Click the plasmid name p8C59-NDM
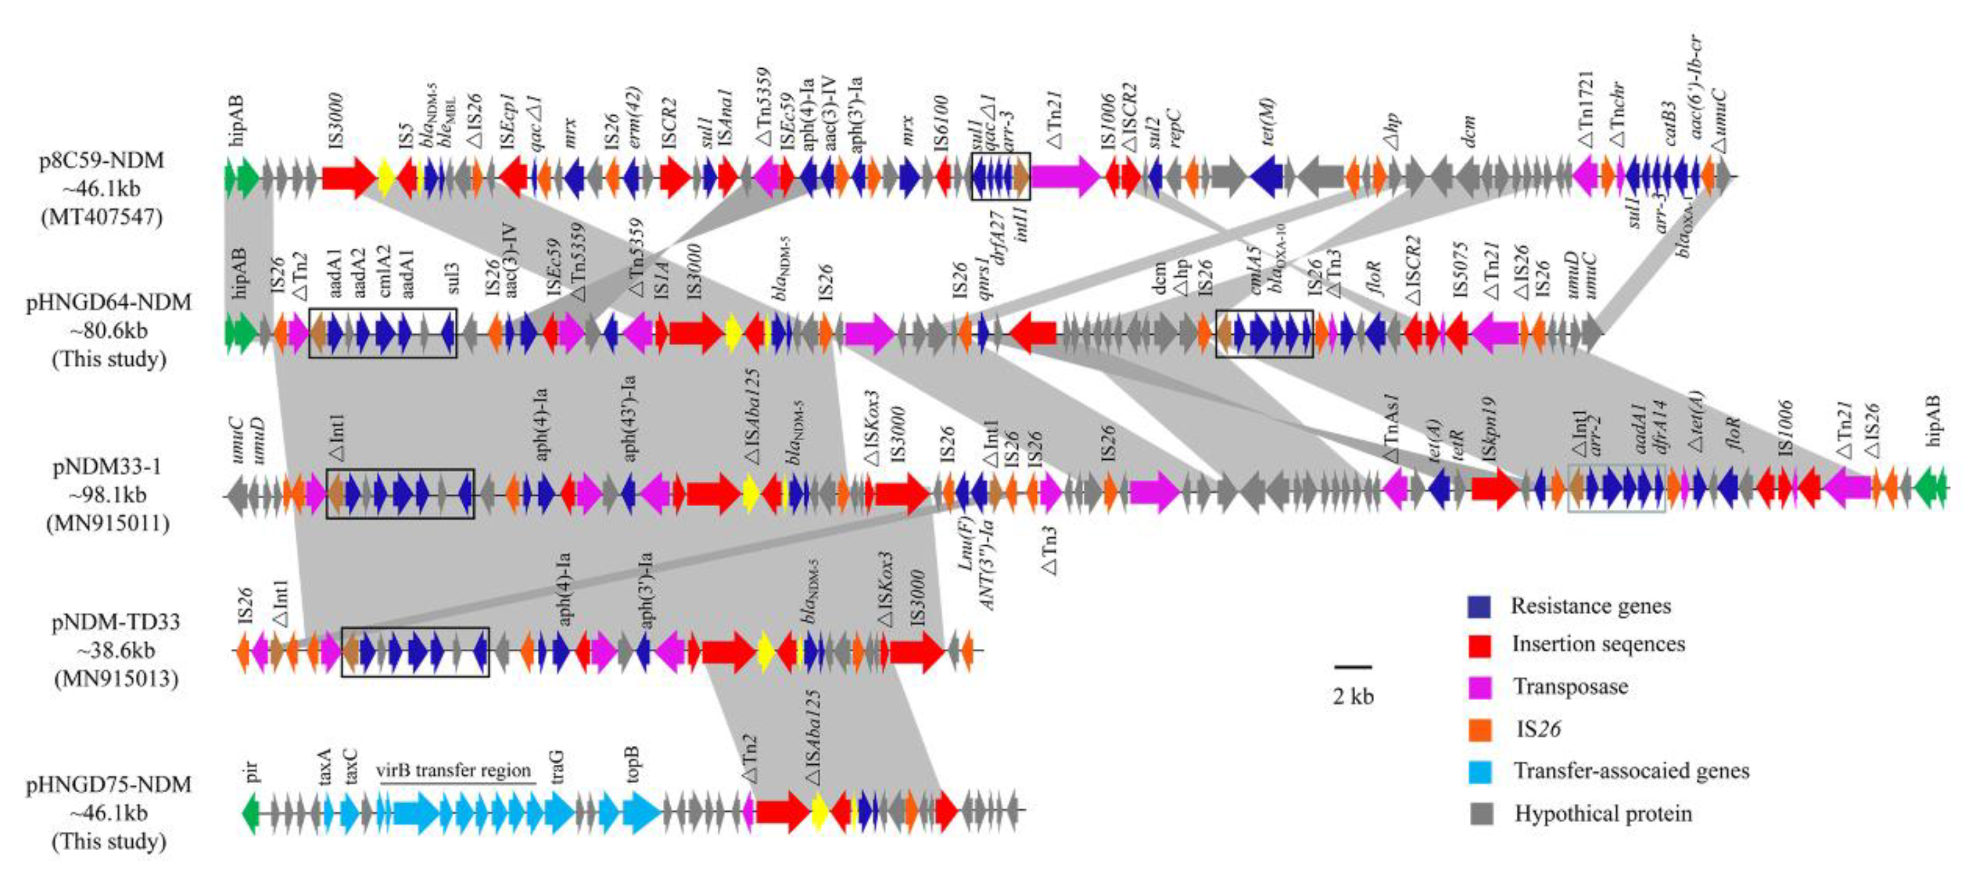(x=101, y=161)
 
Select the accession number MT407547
(x=101, y=217)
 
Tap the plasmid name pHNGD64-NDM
(x=108, y=302)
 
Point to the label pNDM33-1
(x=108, y=467)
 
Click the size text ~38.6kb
(x=116, y=651)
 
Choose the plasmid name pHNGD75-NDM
(x=108, y=785)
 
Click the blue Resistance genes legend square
(x=1479, y=607)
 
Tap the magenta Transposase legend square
(x=1479, y=687)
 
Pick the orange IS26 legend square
(x=1479, y=729)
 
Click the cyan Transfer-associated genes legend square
(x=1479, y=772)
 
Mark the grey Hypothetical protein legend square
(x=1479, y=814)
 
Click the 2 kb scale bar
(x=1352, y=667)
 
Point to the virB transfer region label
(x=453, y=770)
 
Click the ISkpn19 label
(x=1488, y=429)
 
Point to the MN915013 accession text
(x=116, y=679)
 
